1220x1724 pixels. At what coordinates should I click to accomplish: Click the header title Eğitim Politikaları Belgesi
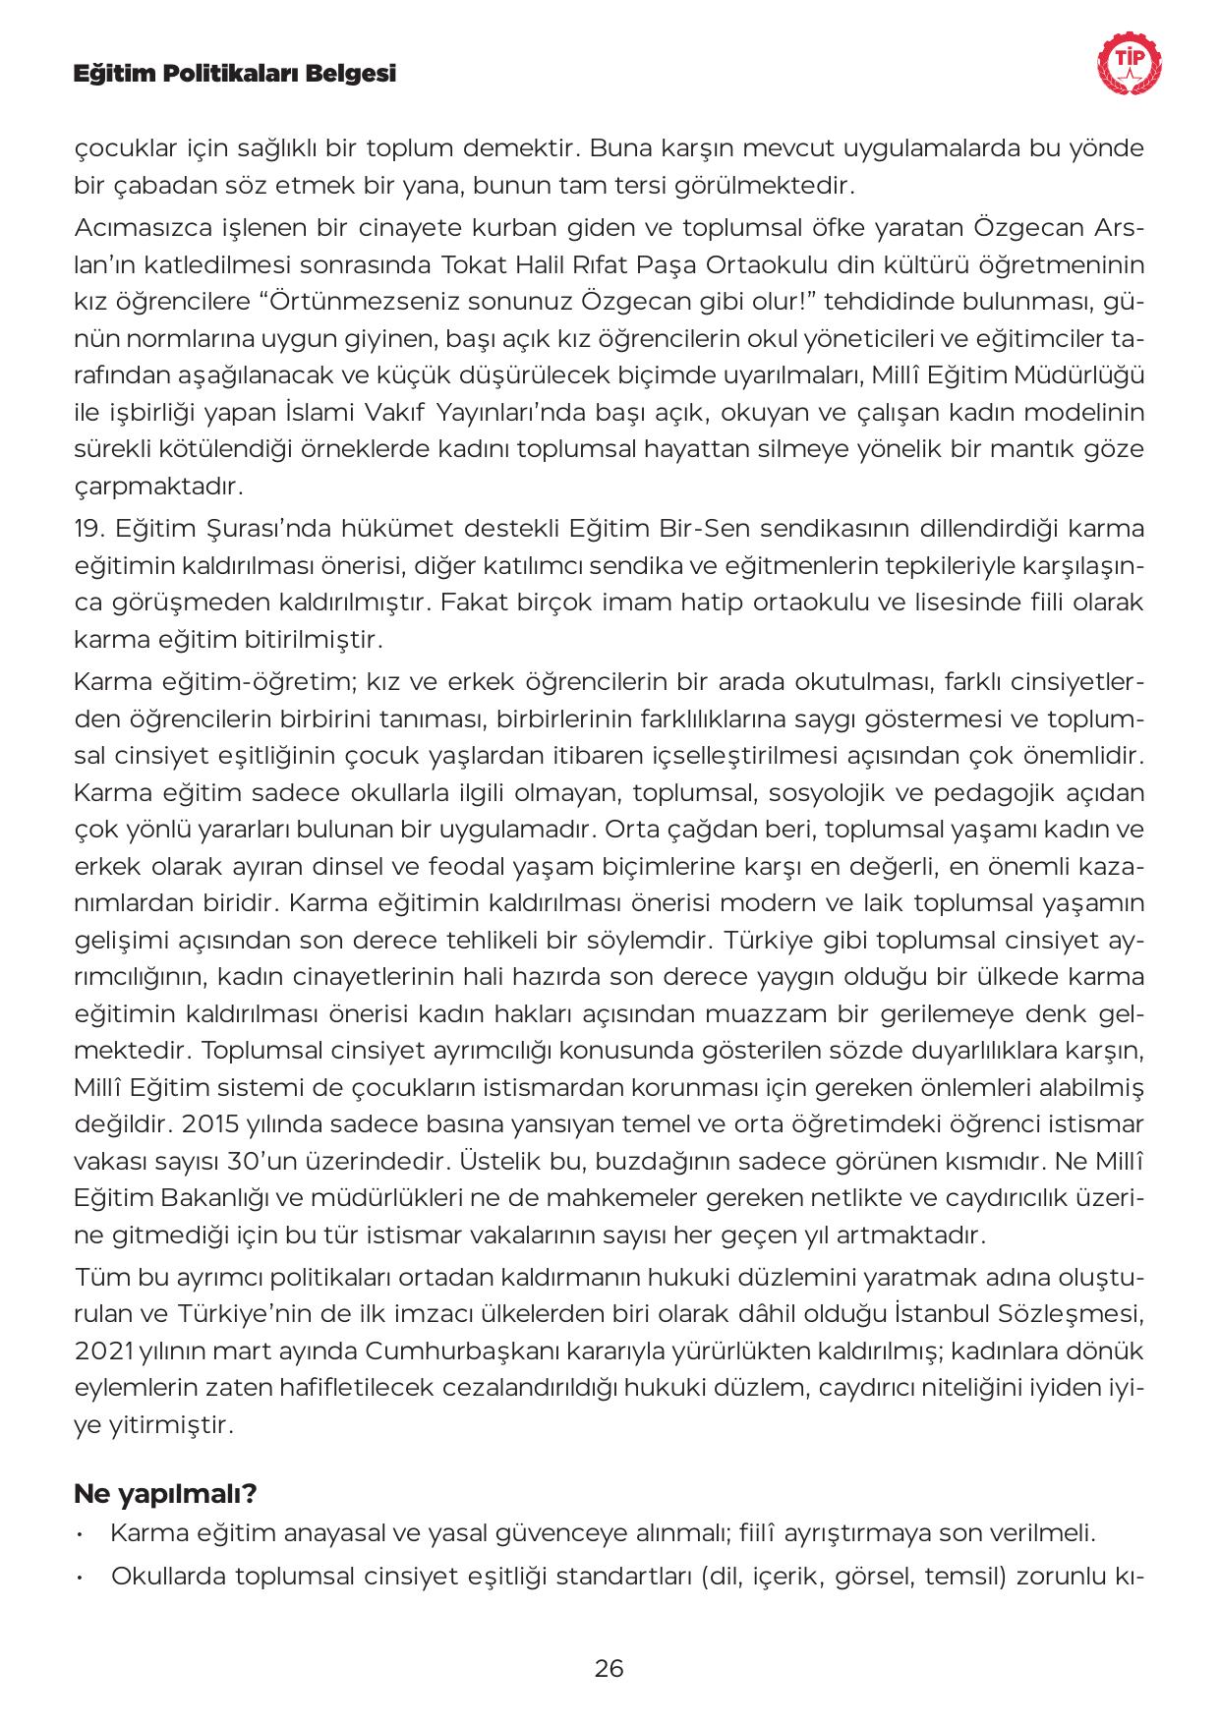coord(235,74)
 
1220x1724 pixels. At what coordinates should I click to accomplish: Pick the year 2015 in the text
coord(212,1123)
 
